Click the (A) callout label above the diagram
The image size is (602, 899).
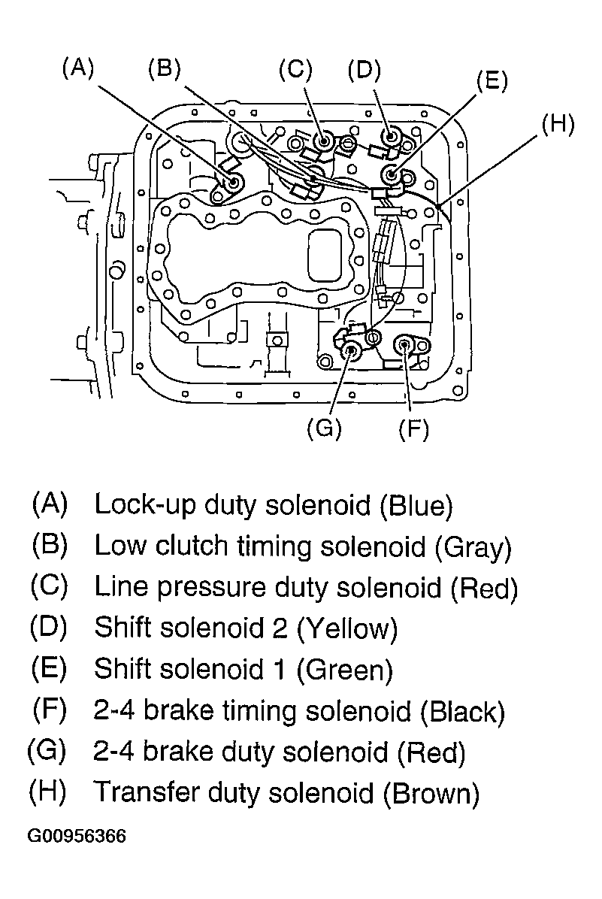77,68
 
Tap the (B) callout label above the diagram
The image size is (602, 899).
164,68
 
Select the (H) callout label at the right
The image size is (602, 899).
558,124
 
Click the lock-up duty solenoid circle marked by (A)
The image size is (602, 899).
234,182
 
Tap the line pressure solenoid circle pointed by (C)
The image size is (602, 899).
325,140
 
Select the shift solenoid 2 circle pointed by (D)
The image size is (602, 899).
392,138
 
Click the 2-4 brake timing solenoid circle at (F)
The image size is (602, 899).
404,345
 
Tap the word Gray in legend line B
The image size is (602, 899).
473,547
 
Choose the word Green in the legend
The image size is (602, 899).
345,670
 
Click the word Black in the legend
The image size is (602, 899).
463,712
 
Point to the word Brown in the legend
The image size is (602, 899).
431,794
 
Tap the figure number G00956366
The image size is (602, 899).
76,836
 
